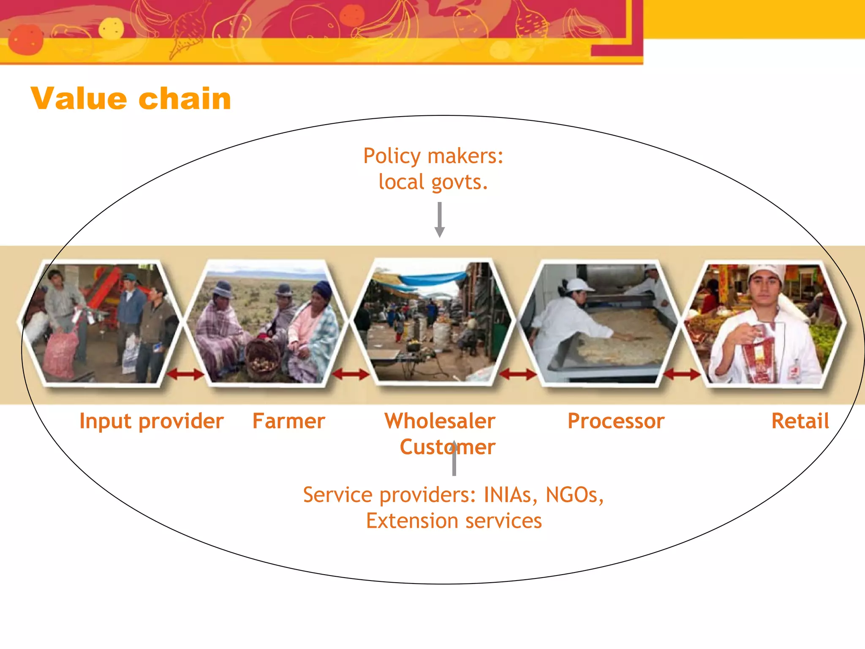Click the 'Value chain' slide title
[x=131, y=98]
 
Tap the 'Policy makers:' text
[x=433, y=156]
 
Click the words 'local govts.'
[x=433, y=182]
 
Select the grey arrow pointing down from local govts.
[x=439, y=220]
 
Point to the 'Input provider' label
[x=151, y=421]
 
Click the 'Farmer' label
[x=289, y=421]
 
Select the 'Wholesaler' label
[x=440, y=421]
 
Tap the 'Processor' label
[x=616, y=421]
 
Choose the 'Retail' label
[x=800, y=421]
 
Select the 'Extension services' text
[x=454, y=521]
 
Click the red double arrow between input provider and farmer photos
[x=185, y=374]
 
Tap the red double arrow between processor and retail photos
[x=681, y=374]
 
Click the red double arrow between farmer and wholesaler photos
[x=350, y=374]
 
